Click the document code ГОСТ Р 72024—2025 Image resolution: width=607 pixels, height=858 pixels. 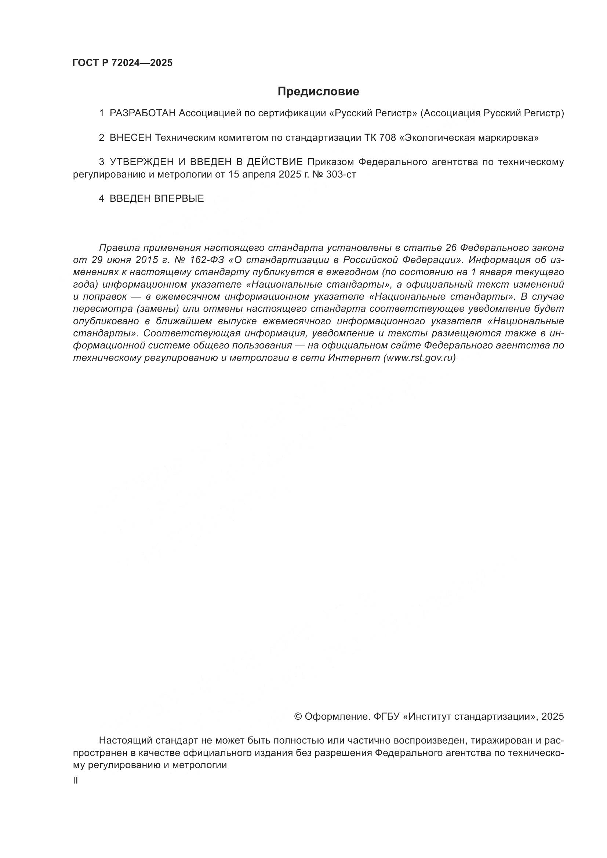(x=123, y=63)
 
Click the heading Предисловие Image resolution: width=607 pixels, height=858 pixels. (x=318, y=92)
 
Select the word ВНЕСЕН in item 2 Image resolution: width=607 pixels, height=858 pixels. (x=130, y=138)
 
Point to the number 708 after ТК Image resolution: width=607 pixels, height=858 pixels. (x=387, y=138)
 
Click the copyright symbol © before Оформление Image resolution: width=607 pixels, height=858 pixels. (x=298, y=716)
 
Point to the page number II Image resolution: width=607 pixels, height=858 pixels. (x=76, y=781)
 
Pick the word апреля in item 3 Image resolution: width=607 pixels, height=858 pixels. (x=258, y=175)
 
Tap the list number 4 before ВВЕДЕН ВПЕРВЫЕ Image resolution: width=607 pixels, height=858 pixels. (x=101, y=199)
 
